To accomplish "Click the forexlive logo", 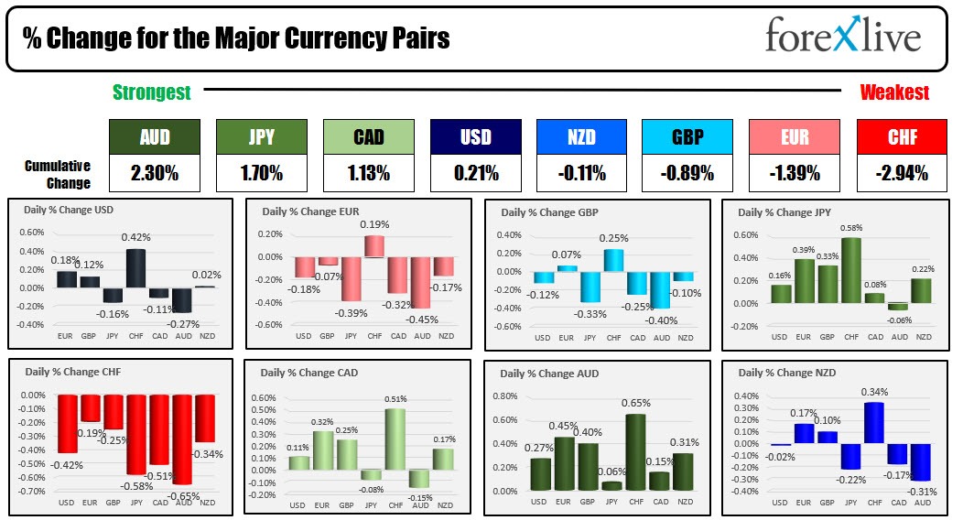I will (842, 38).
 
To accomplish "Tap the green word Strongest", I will (152, 92).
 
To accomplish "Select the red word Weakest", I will (894, 92).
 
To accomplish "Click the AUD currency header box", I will (154, 137).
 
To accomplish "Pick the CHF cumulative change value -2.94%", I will (901, 172).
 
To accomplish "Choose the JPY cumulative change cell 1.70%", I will (261, 172).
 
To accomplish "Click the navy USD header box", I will (475, 137).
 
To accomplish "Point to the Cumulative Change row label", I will (58, 174).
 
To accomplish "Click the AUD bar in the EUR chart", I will (421, 282).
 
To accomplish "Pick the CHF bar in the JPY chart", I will (851, 270).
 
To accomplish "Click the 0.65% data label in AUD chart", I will (635, 403).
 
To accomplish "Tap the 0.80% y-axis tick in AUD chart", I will (505, 396).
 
